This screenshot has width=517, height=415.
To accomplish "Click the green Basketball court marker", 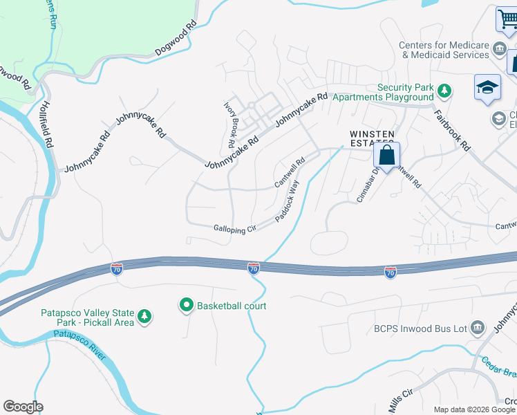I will [x=186, y=305].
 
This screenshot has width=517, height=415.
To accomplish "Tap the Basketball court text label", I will [x=232, y=306].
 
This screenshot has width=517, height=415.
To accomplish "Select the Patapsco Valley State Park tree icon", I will [x=144, y=317].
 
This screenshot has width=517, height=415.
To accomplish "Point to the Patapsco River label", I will [x=79, y=344].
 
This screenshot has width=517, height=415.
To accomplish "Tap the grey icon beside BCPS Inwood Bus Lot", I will [x=477, y=328].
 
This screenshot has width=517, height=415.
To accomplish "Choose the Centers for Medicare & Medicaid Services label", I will [x=444, y=50].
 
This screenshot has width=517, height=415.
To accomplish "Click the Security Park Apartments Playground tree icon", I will [x=444, y=90].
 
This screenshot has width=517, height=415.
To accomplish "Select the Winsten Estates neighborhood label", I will [x=372, y=138].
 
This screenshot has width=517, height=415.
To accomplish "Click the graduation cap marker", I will [x=487, y=88].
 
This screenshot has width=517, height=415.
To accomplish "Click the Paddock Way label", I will [x=287, y=201].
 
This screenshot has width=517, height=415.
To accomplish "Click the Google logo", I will [x=22, y=407].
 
